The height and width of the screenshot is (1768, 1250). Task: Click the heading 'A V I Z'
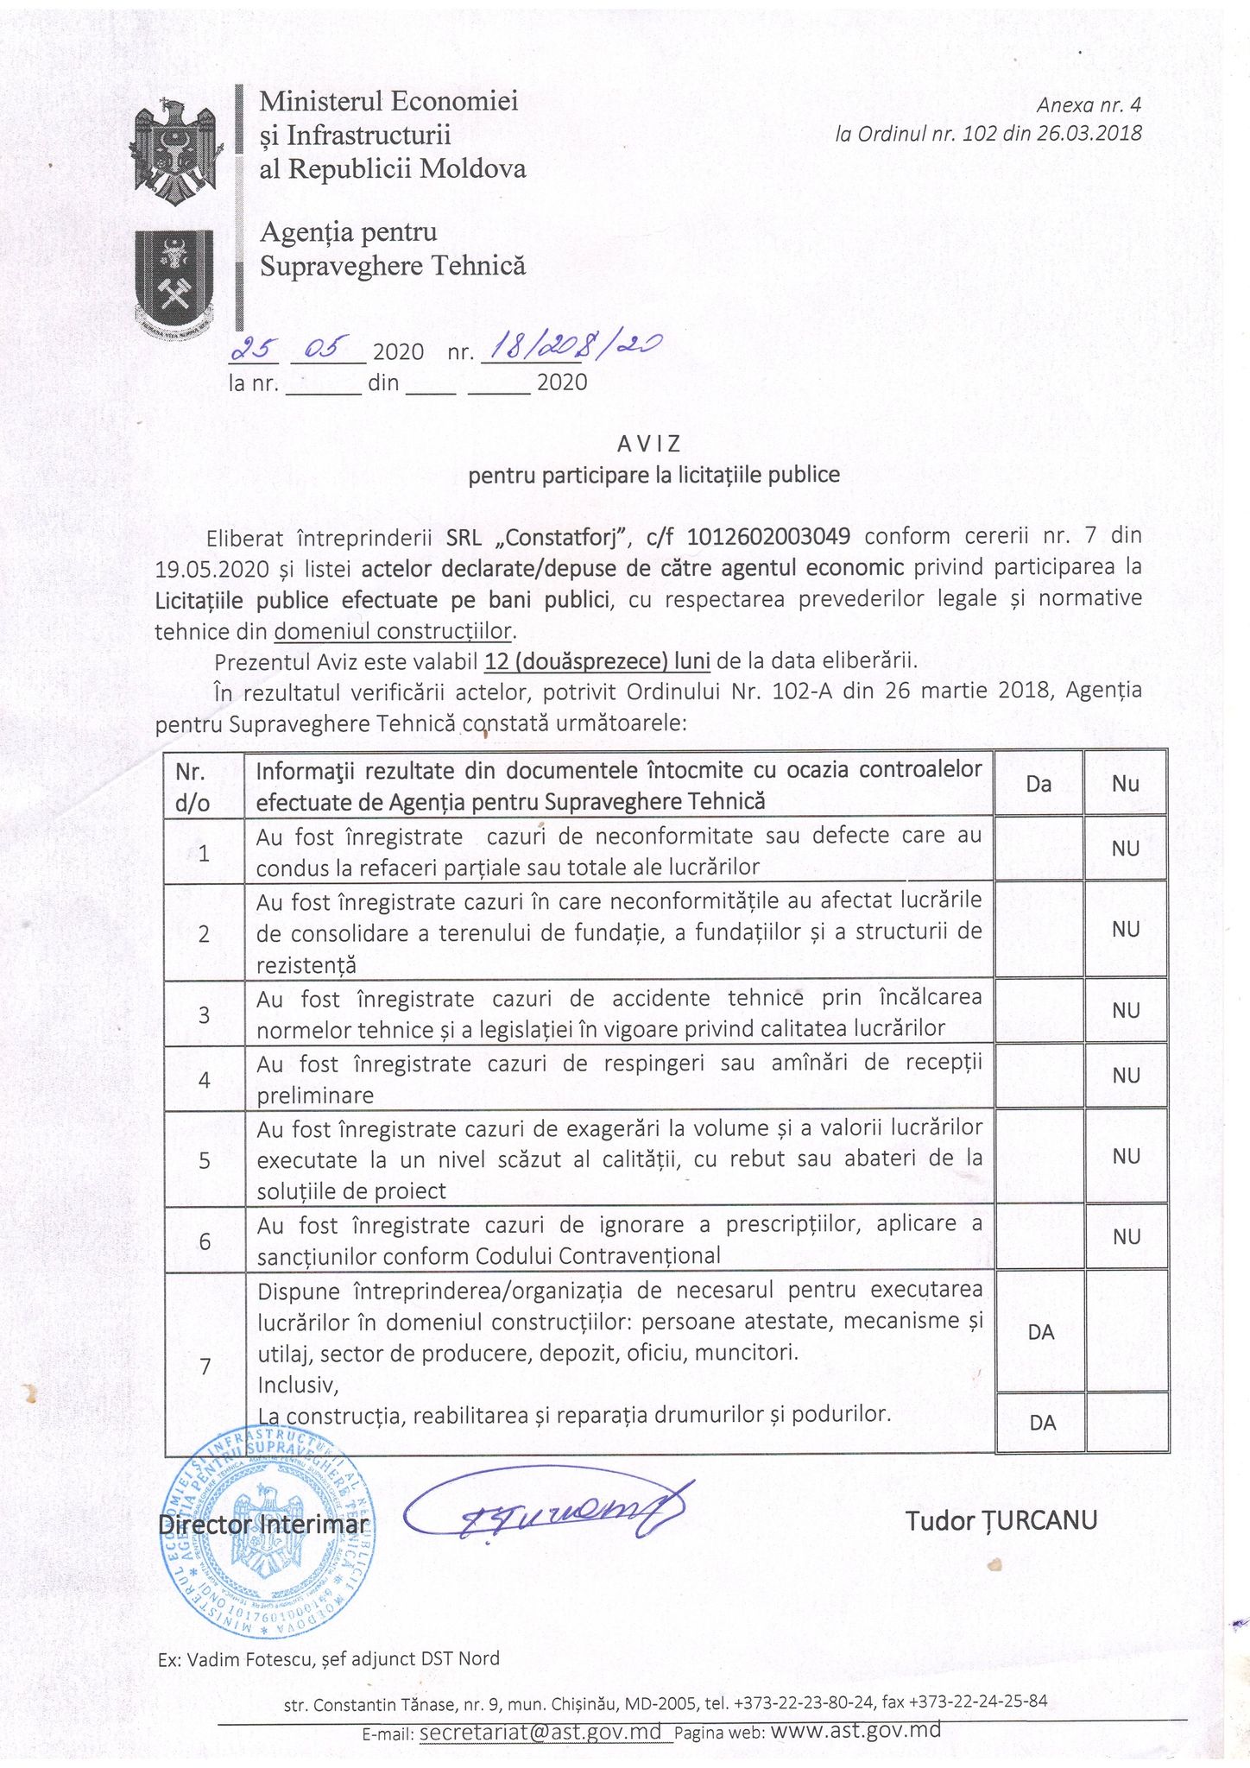(649, 444)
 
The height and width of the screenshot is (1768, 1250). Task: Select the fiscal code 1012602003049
(767, 536)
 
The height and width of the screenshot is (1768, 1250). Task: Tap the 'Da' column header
(1039, 784)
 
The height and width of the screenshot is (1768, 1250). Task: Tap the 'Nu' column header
(1126, 784)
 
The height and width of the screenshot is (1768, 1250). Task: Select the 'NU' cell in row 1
(1126, 849)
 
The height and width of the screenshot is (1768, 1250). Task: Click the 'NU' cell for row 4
(1126, 1076)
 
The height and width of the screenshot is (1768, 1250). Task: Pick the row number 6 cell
(205, 1241)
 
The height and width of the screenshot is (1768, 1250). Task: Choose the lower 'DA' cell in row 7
(1042, 1423)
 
